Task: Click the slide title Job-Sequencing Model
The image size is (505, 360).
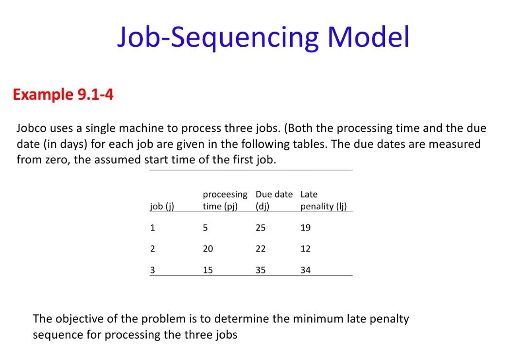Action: [x=263, y=37]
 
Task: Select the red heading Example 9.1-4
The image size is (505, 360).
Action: [x=63, y=94]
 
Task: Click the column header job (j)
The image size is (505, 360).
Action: [x=162, y=206]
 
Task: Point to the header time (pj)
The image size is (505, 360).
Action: [x=220, y=206]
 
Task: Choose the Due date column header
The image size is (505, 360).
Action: [x=274, y=194]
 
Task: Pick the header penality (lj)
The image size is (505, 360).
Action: [x=324, y=206]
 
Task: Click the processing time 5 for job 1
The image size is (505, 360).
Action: [x=205, y=228]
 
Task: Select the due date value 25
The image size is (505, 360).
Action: [x=261, y=228]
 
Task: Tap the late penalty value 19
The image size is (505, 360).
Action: [x=305, y=228]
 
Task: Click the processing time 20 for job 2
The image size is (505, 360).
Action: [x=208, y=249]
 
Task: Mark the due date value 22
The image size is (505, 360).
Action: [x=261, y=249]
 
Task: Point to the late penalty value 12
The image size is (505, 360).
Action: [x=305, y=249]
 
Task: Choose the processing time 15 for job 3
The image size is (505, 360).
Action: [x=208, y=270]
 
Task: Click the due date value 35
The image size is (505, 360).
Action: [x=261, y=270]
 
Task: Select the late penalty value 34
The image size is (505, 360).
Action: [x=305, y=270]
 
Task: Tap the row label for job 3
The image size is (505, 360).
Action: [x=153, y=270]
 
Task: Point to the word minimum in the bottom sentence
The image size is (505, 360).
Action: [x=315, y=319]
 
